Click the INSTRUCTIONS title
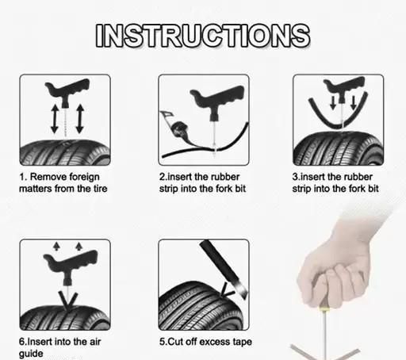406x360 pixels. [203, 36]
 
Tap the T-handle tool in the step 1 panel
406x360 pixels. [67, 91]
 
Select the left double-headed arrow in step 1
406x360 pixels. [55, 119]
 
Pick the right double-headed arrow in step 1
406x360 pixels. [80, 119]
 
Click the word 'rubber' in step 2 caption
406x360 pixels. [226, 177]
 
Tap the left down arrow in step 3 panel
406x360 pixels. [333, 102]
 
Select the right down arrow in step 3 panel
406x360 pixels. [354, 102]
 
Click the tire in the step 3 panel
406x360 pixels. [339, 148]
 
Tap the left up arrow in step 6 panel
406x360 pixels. [56, 246]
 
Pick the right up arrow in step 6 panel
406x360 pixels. [79, 246]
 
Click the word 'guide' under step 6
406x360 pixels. [31, 354]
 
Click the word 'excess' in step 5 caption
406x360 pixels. [215, 342]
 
